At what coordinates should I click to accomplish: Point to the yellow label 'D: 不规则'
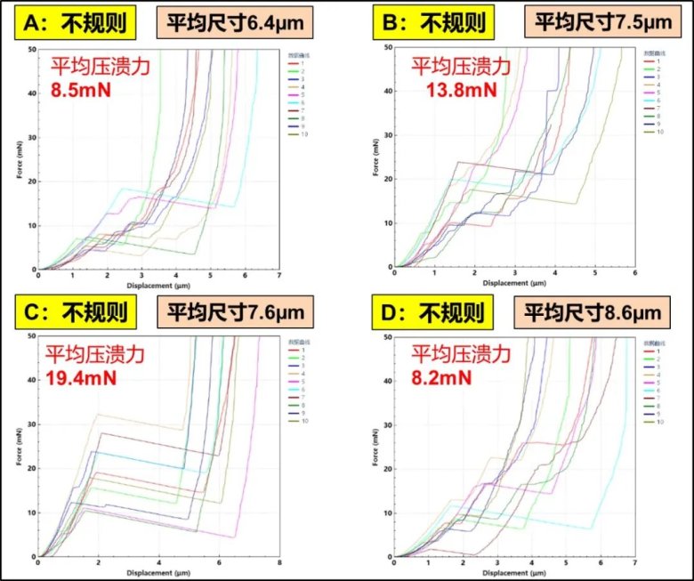431,312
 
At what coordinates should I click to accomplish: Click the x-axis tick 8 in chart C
278,564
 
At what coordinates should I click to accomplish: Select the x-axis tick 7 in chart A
278,276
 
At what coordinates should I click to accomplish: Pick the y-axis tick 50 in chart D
385,337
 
